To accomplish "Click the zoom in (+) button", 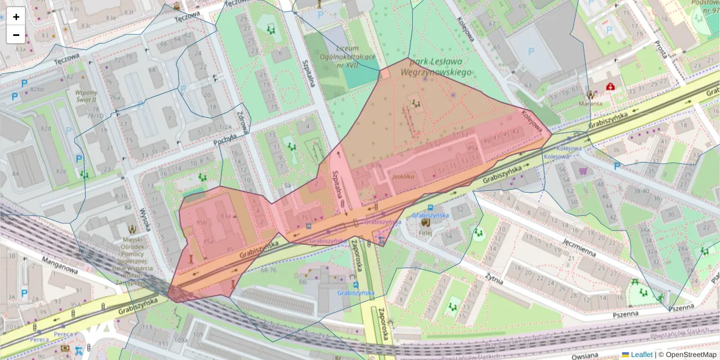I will pyautogui.click(x=16, y=17).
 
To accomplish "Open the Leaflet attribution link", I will pyautogui.click(x=641, y=355).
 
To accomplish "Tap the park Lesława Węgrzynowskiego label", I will pyautogui.click(x=440, y=67).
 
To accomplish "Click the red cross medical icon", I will pyautogui.click(x=611, y=86).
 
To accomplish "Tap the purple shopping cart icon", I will pyautogui.click(x=583, y=172).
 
